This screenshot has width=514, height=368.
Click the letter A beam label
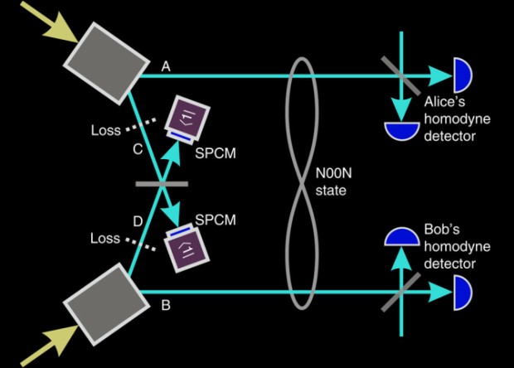coord(167,65)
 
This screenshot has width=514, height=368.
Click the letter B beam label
coord(167,306)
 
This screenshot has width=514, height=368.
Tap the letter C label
coord(138,150)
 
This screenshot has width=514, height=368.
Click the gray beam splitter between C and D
coord(159,183)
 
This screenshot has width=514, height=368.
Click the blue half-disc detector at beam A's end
coord(461,76)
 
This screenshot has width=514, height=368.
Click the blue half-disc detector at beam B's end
coord(461,291)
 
